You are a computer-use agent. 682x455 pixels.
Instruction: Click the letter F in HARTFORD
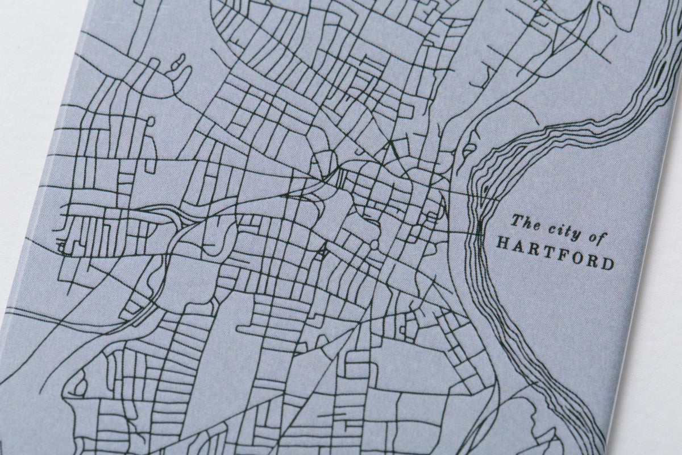[x=563, y=255]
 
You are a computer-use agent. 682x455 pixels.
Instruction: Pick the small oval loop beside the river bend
[x=469, y=150]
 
